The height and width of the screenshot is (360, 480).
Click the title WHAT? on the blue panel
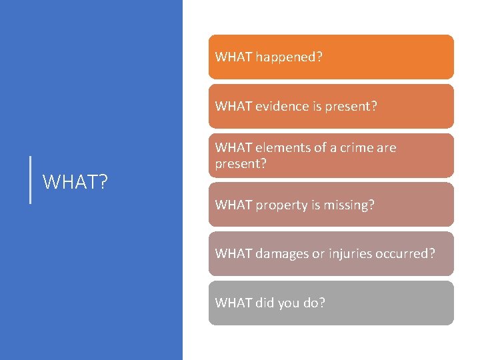75,181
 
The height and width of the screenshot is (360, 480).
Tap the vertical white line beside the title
31,179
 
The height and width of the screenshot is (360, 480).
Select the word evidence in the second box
285,107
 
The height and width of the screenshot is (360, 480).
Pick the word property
281,205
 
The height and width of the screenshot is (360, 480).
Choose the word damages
283,254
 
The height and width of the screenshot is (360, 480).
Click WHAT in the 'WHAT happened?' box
233,57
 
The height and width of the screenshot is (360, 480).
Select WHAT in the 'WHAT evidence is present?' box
233,107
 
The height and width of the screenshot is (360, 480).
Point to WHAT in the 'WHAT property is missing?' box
233,205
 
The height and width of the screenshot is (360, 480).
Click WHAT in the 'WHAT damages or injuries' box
233,254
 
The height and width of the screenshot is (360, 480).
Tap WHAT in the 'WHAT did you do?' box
233,303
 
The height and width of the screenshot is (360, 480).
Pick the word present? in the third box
240,163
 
